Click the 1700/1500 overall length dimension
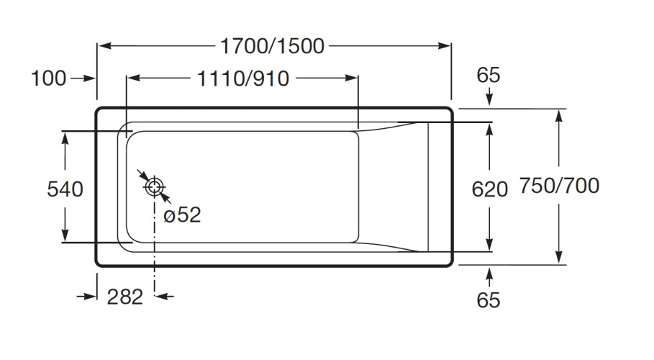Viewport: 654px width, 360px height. pyautogui.click(x=273, y=47)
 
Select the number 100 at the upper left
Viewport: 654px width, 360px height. pyautogui.click(x=48, y=78)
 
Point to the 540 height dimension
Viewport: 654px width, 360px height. pyautogui.click(x=65, y=189)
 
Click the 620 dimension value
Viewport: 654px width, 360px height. pyautogui.click(x=489, y=189)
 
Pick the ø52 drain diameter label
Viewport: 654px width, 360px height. pyautogui.click(x=182, y=215)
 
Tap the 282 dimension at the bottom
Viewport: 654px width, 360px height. pyautogui.click(x=125, y=297)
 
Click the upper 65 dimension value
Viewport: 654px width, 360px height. pyautogui.click(x=489, y=75)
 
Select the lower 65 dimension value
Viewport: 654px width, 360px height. pyautogui.click(x=489, y=300)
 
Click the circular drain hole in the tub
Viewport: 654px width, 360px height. pyautogui.click(x=155, y=187)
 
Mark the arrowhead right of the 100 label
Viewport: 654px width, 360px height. pyautogui.click(x=91, y=78)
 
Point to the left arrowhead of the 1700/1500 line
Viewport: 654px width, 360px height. pyautogui.click(x=102, y=47)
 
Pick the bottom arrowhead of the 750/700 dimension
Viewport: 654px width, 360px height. pyautogui.click(x=558, y=259)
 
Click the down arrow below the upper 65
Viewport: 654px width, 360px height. pyautogui.click(x=489, y=102)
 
